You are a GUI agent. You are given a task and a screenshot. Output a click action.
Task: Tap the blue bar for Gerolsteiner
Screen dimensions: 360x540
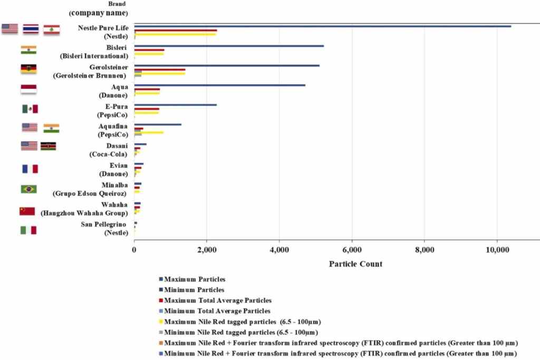pyautogui.click(x=227, y=65)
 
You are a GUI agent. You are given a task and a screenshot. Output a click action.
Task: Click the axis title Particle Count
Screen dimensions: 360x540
pyautogui.click(x=355, y=264)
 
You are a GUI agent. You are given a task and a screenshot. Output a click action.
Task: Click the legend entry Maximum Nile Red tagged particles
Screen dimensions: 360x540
pyautogui.click(x=243, y=322)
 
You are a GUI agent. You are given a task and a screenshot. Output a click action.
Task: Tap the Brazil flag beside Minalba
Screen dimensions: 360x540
pyautogui.click(x=28, y=189)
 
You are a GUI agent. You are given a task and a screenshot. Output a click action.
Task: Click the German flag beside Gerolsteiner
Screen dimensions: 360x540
pyautogui.click(x=28, y=69)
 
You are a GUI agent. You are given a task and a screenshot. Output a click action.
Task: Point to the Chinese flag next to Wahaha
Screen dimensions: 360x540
pyautogui.click(x=27, y=211)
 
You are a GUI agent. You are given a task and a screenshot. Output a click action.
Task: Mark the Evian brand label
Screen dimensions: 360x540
pyautogui.click(x=114, y=169)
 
